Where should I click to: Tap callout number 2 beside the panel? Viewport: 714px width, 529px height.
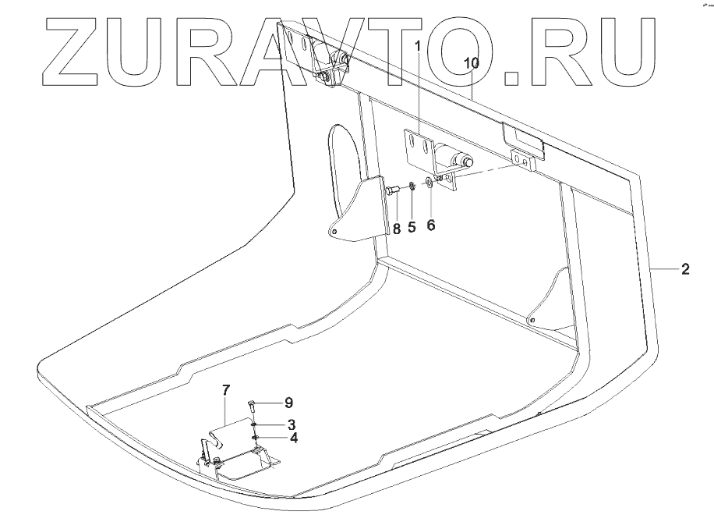click(684, 270)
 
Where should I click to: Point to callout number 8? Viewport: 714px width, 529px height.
click(396, 228)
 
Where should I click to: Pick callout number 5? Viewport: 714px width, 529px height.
click(412, 227)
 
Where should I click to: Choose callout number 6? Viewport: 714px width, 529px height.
click(431, 224)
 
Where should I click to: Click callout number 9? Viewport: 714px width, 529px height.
click(288, 403)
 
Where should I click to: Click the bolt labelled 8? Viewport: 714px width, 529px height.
click(391, 189)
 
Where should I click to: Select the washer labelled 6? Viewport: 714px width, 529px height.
click(429, 184)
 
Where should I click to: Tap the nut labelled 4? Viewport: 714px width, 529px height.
click(255, 438)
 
